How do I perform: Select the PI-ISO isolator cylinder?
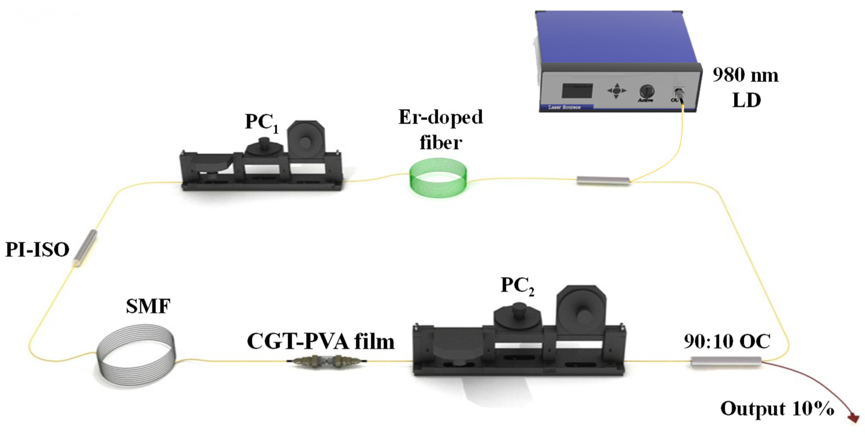tap(85, 248)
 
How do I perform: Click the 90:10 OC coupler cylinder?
tap(726, 361)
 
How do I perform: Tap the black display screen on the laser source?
tap(577, 91)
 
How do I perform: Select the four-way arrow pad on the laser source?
tap(616, 91)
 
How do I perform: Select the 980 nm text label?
tap(745, 75)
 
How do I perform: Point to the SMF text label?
tap(148, 306)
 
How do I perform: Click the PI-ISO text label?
tap(37, 250)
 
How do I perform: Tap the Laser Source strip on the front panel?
tap(565, 107)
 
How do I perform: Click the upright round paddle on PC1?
tap(306, 140)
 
